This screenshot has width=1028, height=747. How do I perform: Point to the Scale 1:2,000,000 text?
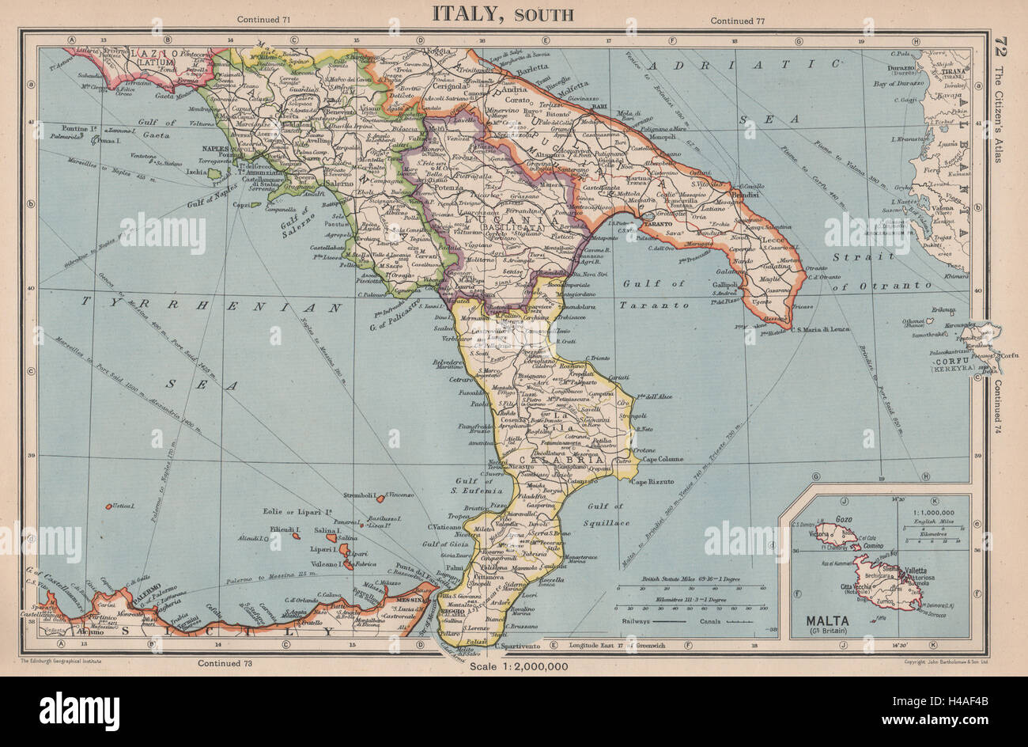[518, 666]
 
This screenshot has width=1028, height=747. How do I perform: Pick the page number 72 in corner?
[1003, 45]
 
